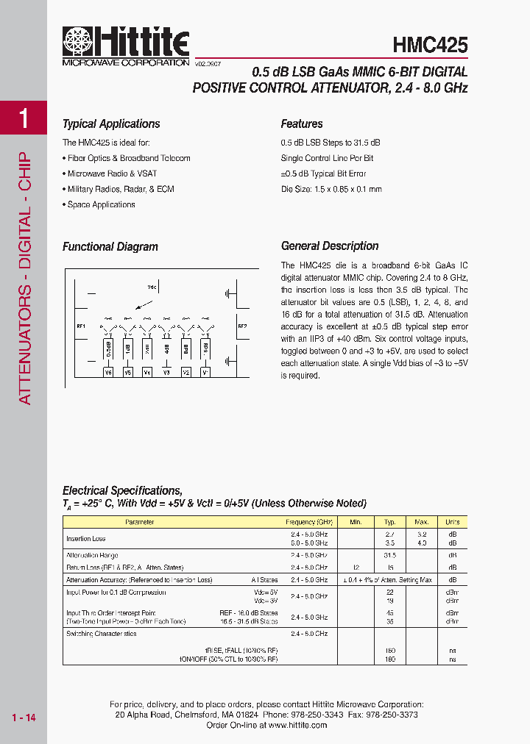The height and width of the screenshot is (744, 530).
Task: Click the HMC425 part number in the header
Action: [431, 46]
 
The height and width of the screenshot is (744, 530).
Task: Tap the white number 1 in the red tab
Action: [24, 119]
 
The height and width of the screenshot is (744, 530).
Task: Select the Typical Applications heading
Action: [111, 124]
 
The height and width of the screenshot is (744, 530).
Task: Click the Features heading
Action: [302, 124]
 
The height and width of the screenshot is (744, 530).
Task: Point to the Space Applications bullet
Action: [101, 204]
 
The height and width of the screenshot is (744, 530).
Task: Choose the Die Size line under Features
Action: [331, 189]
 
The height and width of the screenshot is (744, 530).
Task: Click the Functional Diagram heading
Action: [110, 247]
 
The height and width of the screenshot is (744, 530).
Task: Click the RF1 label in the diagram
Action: [80, 326]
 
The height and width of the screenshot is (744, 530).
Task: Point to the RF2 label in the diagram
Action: [242, 325]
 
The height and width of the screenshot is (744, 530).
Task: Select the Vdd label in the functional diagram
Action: [152, 287]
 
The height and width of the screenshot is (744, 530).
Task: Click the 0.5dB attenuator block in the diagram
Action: [108, 348]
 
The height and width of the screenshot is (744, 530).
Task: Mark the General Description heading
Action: [330, 246]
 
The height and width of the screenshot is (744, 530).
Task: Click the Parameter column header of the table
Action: [140, 522]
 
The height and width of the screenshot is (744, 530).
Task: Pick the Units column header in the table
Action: [452, 522]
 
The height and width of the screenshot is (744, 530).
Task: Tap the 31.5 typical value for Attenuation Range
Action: [390, 556]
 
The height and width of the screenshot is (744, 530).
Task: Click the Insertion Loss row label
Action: [86, 539]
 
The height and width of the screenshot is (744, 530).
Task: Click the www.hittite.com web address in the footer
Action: [297, 725]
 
